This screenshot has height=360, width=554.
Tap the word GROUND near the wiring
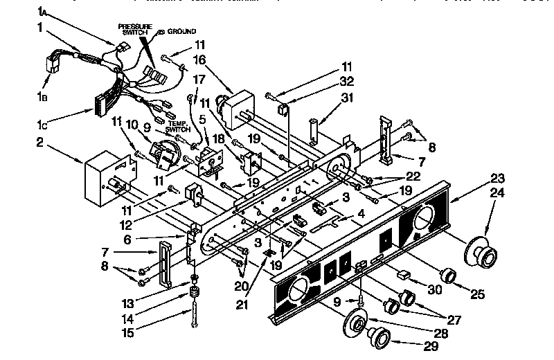tap(184, 31)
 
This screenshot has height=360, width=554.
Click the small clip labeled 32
tap(284, 109)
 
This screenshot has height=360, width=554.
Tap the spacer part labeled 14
tap(195, 301)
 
